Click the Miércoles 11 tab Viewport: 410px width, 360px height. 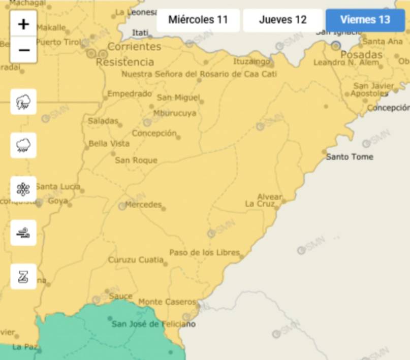198,20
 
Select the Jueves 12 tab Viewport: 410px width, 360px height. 282,20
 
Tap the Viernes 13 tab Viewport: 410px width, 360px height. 365,20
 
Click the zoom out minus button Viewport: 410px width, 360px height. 23,50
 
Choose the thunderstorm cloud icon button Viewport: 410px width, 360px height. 23,102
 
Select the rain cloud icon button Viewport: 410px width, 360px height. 23,146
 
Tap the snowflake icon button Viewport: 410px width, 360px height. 23,189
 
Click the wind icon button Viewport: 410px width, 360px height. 23,233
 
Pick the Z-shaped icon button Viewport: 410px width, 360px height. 23,277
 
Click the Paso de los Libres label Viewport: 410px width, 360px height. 204,252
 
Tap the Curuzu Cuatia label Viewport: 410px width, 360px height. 135,260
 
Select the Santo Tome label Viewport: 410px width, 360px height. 350,157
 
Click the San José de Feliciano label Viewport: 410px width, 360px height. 153,324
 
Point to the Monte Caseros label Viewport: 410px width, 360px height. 167,302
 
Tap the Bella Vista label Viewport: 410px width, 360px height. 109,144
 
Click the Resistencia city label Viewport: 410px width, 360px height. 124,62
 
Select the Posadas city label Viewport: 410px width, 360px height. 361,54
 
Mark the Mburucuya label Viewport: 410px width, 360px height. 174,113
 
